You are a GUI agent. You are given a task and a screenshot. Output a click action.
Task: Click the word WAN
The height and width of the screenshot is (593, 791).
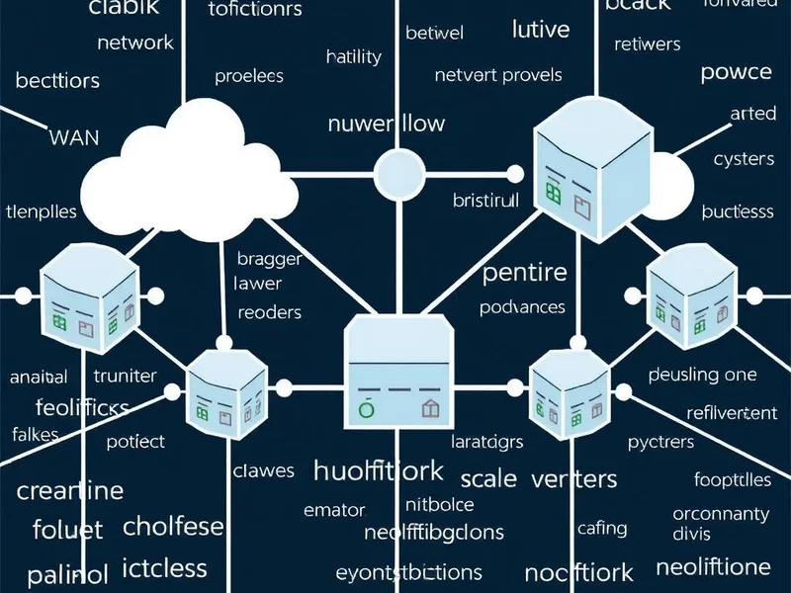click(x=73, y=136)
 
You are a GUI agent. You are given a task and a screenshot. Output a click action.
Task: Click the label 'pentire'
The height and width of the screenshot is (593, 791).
click(x=524, y=272)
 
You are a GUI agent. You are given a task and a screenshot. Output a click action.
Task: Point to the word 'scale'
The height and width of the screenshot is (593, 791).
click(x=488, y=479)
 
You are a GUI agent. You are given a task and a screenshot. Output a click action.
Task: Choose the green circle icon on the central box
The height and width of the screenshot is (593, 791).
click(x=365, y=407)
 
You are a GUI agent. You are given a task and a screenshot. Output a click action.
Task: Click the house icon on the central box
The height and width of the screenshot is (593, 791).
click(x=429, y=407)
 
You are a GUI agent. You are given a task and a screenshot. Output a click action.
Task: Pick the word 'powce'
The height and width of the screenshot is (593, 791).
click(x=736, y=72)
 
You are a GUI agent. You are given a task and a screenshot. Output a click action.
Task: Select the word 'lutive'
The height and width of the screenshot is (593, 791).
click(x=542, y=30)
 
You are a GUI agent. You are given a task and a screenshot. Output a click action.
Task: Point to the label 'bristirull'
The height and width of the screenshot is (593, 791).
click(x=485, y=201)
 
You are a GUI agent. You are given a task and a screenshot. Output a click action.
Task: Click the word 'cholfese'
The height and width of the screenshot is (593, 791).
click(x=173, y=526)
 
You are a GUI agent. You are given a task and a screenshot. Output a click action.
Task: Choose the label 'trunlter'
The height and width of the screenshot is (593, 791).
click(x=125, y=376)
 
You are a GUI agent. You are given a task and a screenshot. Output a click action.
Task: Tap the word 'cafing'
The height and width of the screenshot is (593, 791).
click(x=601, y=530)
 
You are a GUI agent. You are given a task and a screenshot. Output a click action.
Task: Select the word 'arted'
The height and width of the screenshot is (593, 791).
click(x=752, y=114)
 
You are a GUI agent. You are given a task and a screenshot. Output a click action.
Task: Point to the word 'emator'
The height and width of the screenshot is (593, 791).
click(x=334, y=511)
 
